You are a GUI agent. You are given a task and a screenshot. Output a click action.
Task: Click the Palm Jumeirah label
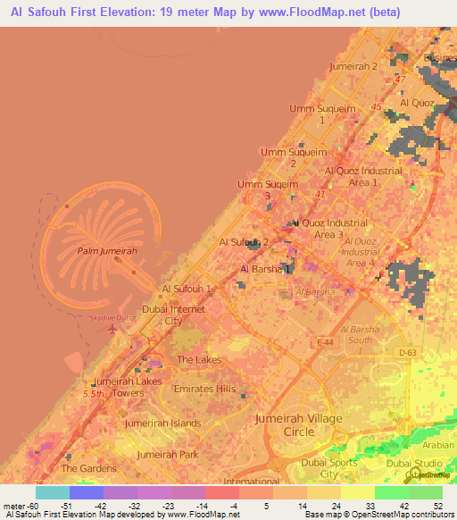(x=106, y=251)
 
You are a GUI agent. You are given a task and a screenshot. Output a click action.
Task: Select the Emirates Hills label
(x=206, y=389)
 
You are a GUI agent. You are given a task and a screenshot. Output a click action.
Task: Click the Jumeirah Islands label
(x=162, y=423)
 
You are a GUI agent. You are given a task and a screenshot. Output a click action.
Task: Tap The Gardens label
(x=88, y=467)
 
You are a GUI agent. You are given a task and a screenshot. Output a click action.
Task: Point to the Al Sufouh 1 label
(x=186, y=289)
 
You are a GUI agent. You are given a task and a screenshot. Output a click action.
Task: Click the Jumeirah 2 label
(x=353, y=67)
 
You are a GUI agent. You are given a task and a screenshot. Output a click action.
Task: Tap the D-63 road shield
(x=408, y=353)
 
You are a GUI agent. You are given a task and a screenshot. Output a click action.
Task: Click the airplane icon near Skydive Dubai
(x=112, y=328)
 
